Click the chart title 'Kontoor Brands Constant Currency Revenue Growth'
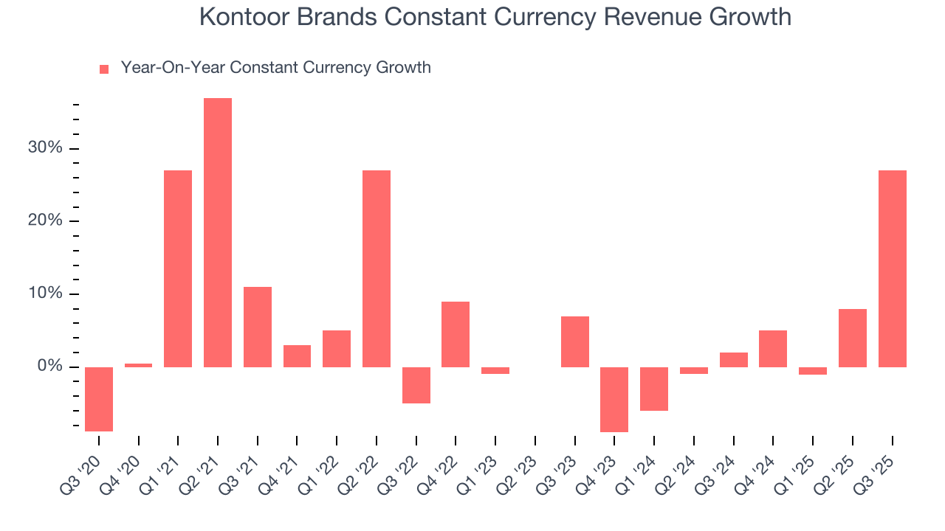pyautogui.click(x=495, y=18)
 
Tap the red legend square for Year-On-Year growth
pyautogui.click(x=104, y=69)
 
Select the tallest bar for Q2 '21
pyautogui.click(x=218, y=232)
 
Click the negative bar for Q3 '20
pyautogui.click(x=99, y=399)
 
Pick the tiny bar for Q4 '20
pyautogui.click(x=139, y=365)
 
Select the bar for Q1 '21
pyautogui.click(x=178, y=268)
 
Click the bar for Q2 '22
pyautogui.click(x=377, y=268)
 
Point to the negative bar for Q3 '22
pyautogui.click(x=416, y=385)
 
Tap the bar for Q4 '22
pyautogui.click(x=456, y=334)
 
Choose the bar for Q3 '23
pyautogui.click(x=575, y=341)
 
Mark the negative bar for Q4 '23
pyautogui.click(x=614, y=399)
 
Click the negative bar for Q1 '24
pyautogui.click(x=654, y=389)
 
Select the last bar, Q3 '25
pyautogui.click(x=893, y=268)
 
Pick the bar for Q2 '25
pyautogui.click(x=853, y=338)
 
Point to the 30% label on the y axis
pyautogui.click(x=45, y=148)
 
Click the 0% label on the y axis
pyautogui.click(x=49, y=367)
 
